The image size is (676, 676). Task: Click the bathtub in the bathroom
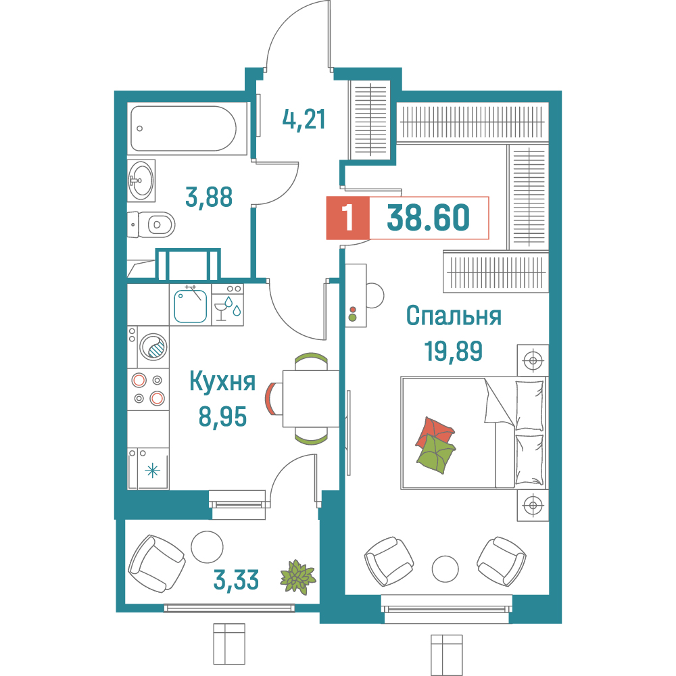coord(183,128)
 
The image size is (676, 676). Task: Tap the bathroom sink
coord(141,180)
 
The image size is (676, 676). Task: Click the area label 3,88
coord(209,197)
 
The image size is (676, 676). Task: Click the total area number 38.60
coord(429,218)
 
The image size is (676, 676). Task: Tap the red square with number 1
coord(348,218)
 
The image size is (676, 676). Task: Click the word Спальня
coord(454,316)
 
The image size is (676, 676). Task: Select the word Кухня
coord(222,382)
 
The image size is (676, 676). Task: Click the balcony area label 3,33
coord(237,579)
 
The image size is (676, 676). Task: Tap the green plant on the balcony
coord(297,577)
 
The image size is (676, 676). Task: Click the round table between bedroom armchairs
coord(445,569)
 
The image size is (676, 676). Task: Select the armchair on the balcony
coord(156,561)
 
